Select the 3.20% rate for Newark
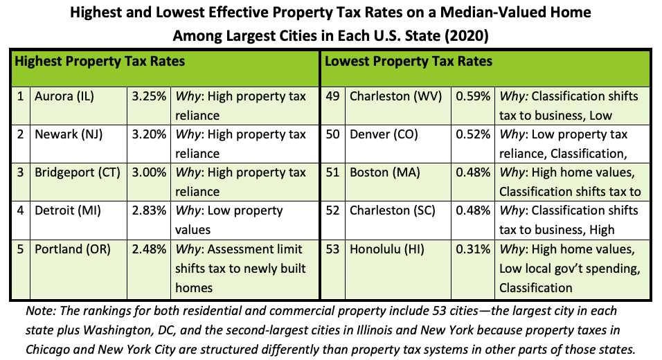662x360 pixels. coord(149,134)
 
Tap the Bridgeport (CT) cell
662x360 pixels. coord(78,172)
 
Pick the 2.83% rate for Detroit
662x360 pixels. coord(149,210)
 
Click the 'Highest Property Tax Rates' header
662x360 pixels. coord(100,62)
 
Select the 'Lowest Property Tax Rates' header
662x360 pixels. coord(409,62)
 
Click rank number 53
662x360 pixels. coord(333,249)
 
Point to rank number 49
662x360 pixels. coord(333,96)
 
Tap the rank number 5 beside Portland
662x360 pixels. coord(21,249)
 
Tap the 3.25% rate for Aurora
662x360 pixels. coord(149,96)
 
